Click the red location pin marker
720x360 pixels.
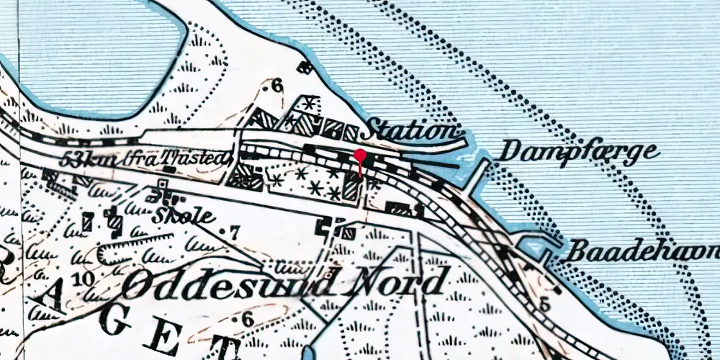360,157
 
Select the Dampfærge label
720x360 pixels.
579,152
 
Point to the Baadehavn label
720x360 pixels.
643,252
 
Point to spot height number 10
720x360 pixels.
82,279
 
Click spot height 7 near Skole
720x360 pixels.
232,233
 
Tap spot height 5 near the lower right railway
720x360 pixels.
544,305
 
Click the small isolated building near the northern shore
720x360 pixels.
305,68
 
